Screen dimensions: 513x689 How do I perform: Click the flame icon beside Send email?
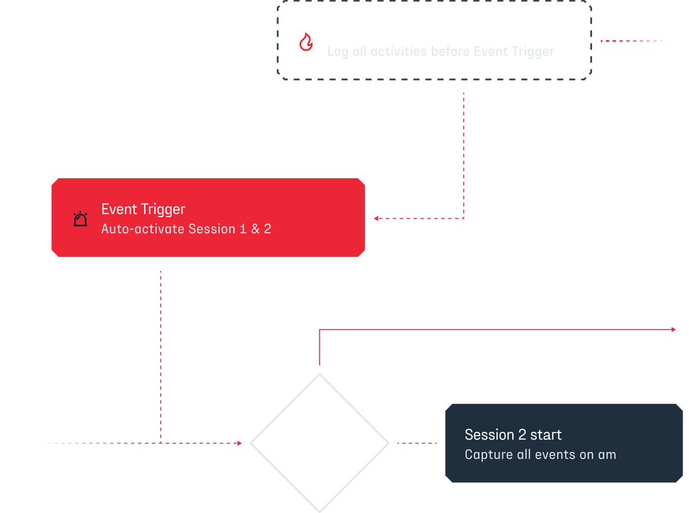point(306,42)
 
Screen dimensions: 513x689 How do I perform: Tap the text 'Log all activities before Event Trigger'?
point(440,52)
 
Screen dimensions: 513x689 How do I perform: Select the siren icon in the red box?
point(80,218)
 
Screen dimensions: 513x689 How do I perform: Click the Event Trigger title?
point(143,209)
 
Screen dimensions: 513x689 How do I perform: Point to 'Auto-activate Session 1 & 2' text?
point(186,229)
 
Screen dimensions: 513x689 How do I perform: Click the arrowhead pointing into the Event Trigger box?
point(376,218)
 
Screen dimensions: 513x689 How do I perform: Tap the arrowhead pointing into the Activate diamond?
point(239,443)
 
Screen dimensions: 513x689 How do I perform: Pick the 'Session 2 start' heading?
point(513,435)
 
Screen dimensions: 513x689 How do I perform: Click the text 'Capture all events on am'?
point(540,455)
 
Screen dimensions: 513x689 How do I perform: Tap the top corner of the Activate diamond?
point(318,375)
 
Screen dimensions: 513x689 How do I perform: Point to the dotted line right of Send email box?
point(634,40)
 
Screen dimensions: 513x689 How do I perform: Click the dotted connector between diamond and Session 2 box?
point(417,443)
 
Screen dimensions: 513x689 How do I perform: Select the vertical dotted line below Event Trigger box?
point(162,351)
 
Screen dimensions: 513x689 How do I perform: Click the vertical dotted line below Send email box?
point(463,153)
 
